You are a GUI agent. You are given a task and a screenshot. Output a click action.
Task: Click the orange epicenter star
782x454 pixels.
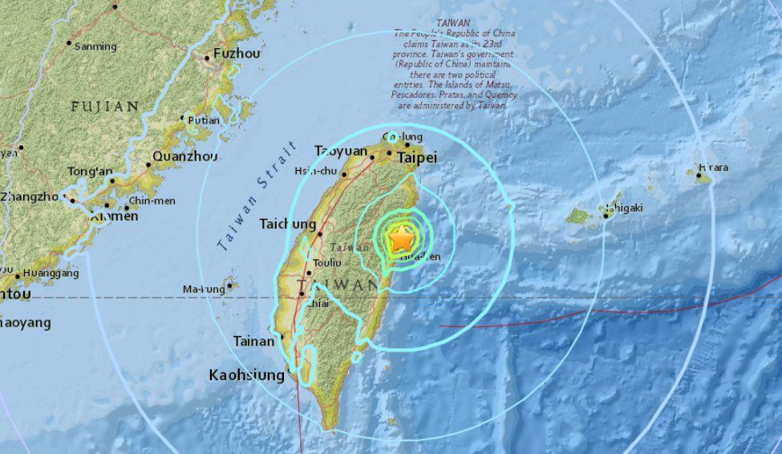[x=402, y=239]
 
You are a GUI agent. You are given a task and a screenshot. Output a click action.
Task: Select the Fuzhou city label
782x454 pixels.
[x=237, y=55]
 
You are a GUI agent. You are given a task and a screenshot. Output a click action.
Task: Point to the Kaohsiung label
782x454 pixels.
[x=246, y=375]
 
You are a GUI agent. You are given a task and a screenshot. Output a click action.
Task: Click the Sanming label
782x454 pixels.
[x=95, y=47]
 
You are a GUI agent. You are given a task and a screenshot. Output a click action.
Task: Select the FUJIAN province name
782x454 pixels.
[x=105, y=106]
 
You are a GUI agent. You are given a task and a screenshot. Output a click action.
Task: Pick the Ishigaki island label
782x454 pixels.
[x=624, y=209]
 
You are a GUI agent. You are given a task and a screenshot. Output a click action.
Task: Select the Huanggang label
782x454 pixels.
[x=50, y=274]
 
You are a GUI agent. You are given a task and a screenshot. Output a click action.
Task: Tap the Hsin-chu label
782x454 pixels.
[x=314, y=171]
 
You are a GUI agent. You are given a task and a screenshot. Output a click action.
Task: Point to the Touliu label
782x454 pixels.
[x=328, y=262]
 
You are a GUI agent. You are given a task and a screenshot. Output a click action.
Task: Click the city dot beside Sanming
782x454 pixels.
[x=69, y=43]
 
